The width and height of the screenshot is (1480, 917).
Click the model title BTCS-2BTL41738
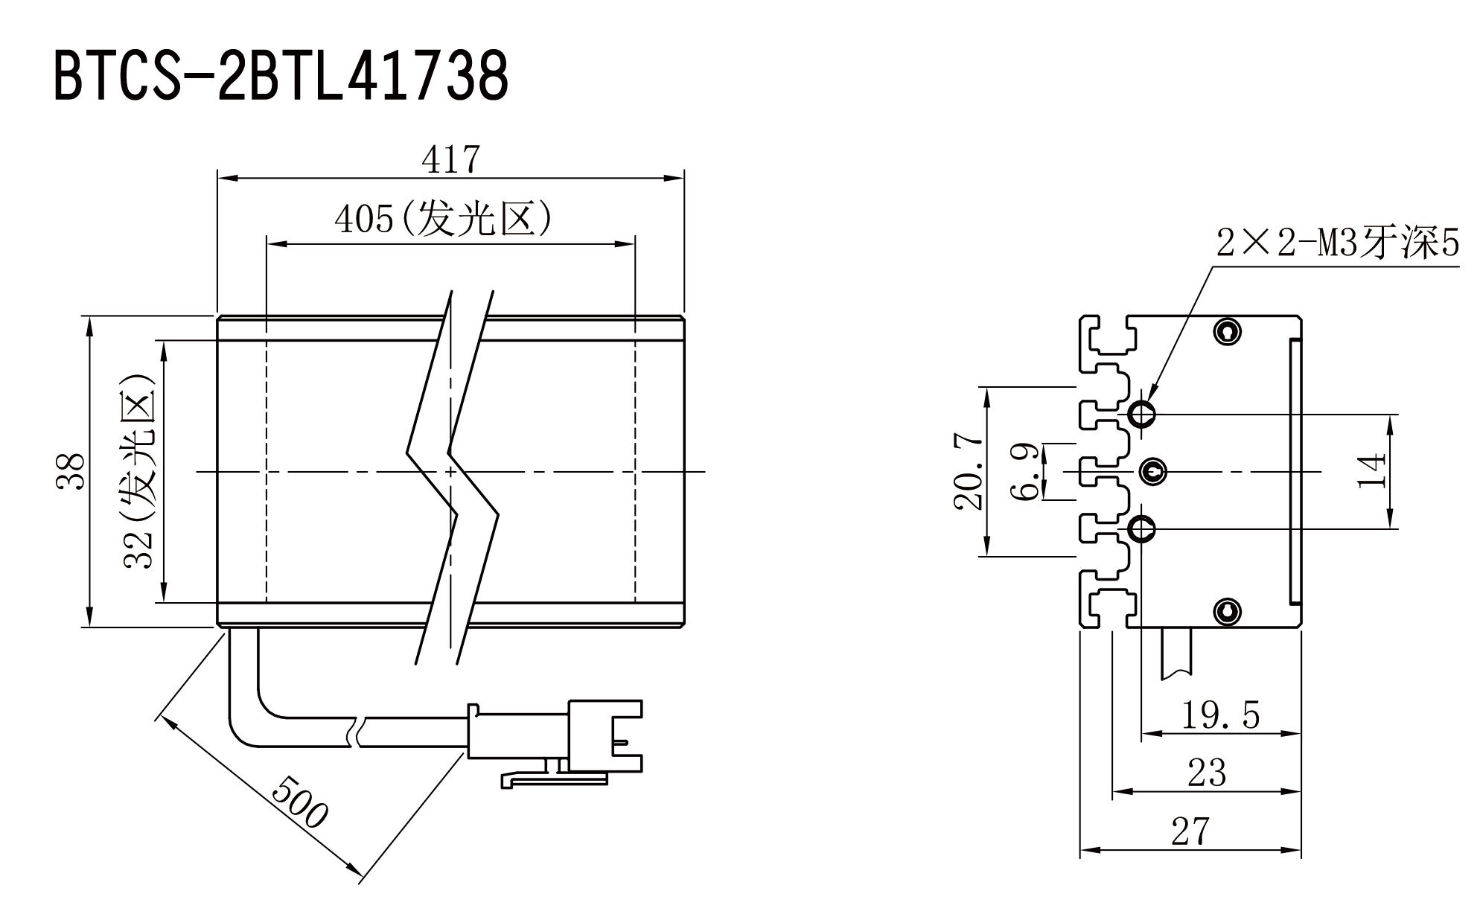click(x=281, y=76)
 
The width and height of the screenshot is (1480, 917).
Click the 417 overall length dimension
click(x=451, y=159)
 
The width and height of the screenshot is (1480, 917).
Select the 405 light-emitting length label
click(x=444, y=218)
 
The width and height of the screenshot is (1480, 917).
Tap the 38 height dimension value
click(x=71, y=471)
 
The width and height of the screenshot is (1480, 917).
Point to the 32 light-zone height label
click(x=139, y=471)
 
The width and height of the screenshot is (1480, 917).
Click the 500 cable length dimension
click(x=299, y=802)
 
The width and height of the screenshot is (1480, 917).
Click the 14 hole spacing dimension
click(x=1372, y=471)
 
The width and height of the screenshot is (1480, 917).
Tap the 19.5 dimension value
click(x=1221, y=715)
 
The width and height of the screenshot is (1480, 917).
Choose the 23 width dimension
click(x=1207, y=773)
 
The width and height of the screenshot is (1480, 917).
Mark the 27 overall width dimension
click(x=1191, y=831)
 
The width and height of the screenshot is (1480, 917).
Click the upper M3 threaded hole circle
click(x=1142, y=413)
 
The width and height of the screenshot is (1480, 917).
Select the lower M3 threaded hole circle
click(x=1142, y=529)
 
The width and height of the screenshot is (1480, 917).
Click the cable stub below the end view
click(x=1177, y=653)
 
